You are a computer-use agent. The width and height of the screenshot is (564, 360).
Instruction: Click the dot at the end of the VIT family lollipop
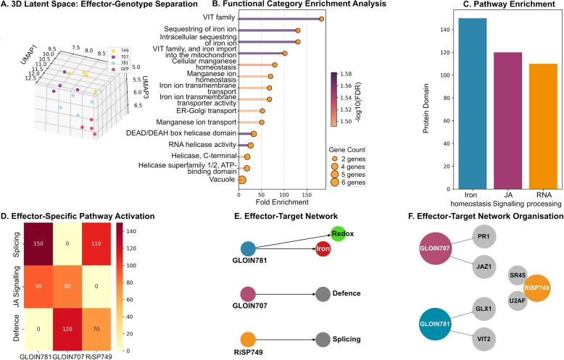click(321, 19)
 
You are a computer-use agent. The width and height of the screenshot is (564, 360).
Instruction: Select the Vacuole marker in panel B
click(242, 180)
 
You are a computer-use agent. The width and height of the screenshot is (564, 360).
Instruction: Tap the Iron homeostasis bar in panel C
click(473, 104)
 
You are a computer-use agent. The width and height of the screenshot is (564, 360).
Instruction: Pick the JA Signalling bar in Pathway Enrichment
click(508, 121)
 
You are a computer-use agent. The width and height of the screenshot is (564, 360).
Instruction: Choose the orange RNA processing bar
click(543, 127)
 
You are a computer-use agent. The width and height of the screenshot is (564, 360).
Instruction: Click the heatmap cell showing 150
click(38, 243)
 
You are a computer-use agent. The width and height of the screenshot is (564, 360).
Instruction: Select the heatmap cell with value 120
click(67, 329)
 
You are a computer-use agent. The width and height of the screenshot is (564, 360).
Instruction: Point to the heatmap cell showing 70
click(96, 329)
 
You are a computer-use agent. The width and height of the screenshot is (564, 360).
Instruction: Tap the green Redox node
click(338, 234)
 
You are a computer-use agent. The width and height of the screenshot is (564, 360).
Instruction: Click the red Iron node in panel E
click(323, 248)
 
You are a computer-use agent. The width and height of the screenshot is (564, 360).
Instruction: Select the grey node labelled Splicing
click(323, 340)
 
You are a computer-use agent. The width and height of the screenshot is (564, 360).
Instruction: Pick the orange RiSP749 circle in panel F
click(536, 288)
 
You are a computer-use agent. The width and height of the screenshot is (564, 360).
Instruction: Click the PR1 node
click(484, 236)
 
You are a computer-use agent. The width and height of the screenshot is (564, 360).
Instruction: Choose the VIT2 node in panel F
click(484, 339)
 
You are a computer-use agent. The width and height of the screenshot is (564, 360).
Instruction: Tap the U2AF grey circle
click(518, 301)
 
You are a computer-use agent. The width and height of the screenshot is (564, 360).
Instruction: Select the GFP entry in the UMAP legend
click(125, 69)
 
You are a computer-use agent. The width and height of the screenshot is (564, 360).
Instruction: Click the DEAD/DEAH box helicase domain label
click(181, 133)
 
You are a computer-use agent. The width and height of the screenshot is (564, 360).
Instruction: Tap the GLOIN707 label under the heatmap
click(68, 357)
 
